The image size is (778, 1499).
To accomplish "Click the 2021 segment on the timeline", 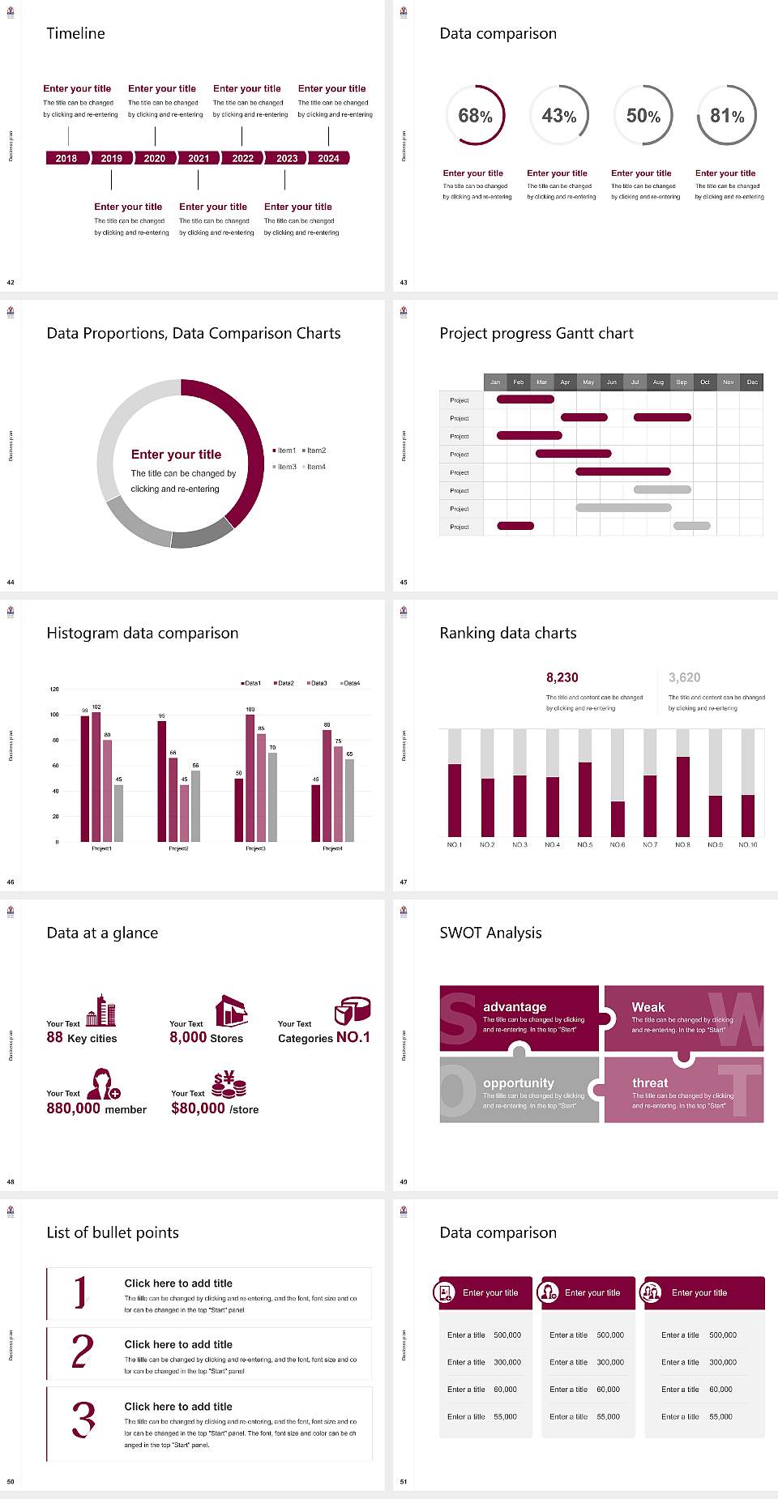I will [199, 158].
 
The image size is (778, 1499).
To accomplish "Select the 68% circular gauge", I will [475, 116].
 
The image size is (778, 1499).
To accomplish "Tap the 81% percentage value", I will [727, 116].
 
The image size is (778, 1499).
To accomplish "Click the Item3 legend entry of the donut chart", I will [285, 467].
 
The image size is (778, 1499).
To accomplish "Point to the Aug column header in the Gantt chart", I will [658, 382].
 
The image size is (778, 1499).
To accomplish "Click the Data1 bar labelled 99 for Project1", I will [85, 778].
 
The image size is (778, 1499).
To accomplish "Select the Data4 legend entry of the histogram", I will [350, 683].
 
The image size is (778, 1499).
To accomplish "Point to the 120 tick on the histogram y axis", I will [54, 689].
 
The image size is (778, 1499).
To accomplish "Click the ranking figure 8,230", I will [562, 677].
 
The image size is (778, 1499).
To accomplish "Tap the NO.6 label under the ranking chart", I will [618, 844].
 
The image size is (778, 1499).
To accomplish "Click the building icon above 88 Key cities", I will [101, 1010].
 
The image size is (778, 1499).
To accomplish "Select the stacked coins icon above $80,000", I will [229, 1084].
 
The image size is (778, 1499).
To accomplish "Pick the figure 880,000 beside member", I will [73, 1108].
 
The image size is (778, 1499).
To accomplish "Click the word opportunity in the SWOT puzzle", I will [518, 1083].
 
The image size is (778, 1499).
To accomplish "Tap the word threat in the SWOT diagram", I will [650, 1083].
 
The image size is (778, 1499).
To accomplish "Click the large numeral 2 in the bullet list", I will [83, 1352].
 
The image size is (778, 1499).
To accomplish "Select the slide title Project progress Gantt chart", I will [536, 333].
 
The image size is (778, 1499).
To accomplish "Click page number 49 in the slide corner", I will [403, 1181].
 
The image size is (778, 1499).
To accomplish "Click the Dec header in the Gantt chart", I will [752, 382].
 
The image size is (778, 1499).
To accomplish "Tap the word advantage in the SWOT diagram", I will [514, 1007].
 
